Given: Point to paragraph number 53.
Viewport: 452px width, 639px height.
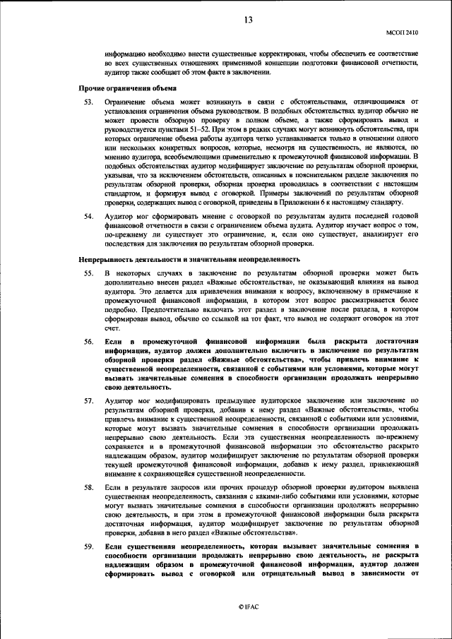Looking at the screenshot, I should point(89,102).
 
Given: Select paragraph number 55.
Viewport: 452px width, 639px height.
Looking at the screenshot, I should point(89,272).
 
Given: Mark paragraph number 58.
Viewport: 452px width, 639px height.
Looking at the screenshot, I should point(89,487).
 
